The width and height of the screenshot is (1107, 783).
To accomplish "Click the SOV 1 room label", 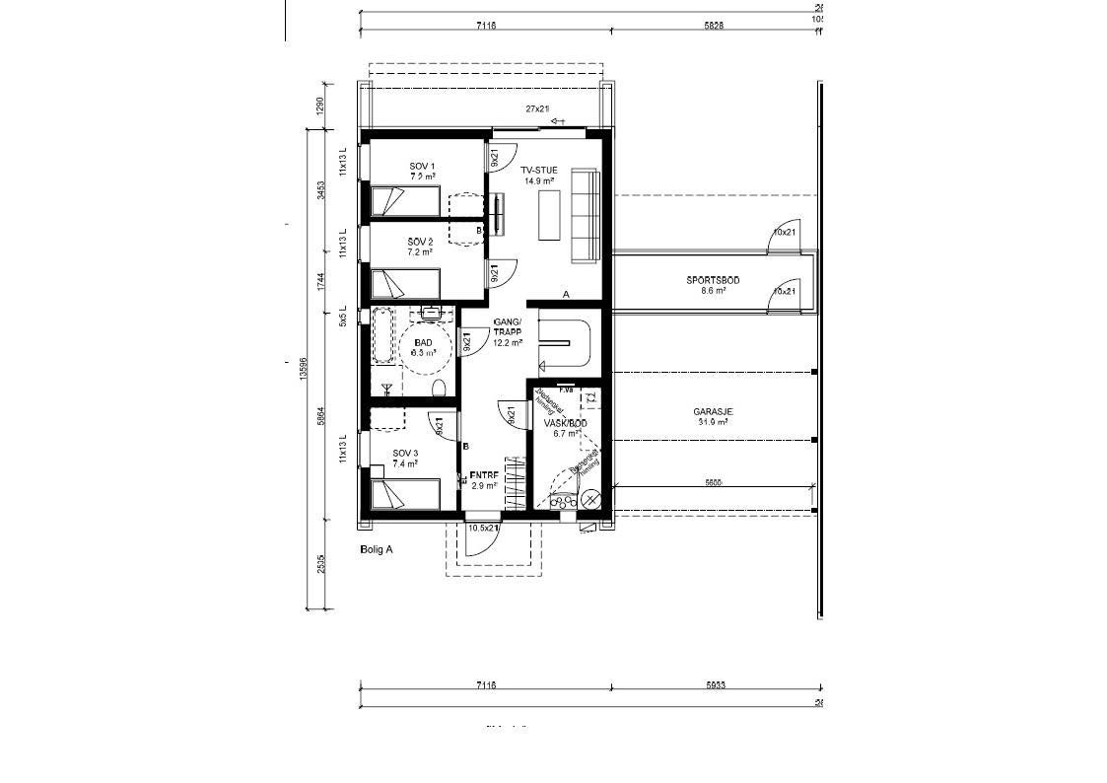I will point(422,166).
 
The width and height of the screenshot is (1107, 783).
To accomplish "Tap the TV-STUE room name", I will point(539,171).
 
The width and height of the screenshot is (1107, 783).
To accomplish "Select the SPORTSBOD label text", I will point(713,281).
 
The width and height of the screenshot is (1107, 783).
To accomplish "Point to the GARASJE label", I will point(713,412).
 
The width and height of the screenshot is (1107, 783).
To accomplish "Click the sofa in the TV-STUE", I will point(586,216).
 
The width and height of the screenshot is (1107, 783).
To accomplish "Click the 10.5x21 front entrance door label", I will point(483,529).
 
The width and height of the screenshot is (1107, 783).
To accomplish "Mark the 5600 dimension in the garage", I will point(713,482).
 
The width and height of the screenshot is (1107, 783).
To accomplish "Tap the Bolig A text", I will point(377,550).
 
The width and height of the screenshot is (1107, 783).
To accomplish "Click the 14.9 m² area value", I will point(539,181).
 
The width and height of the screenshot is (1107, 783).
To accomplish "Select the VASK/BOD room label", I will point(565,422).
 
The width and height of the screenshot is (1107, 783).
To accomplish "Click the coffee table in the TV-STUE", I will point(549,214).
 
